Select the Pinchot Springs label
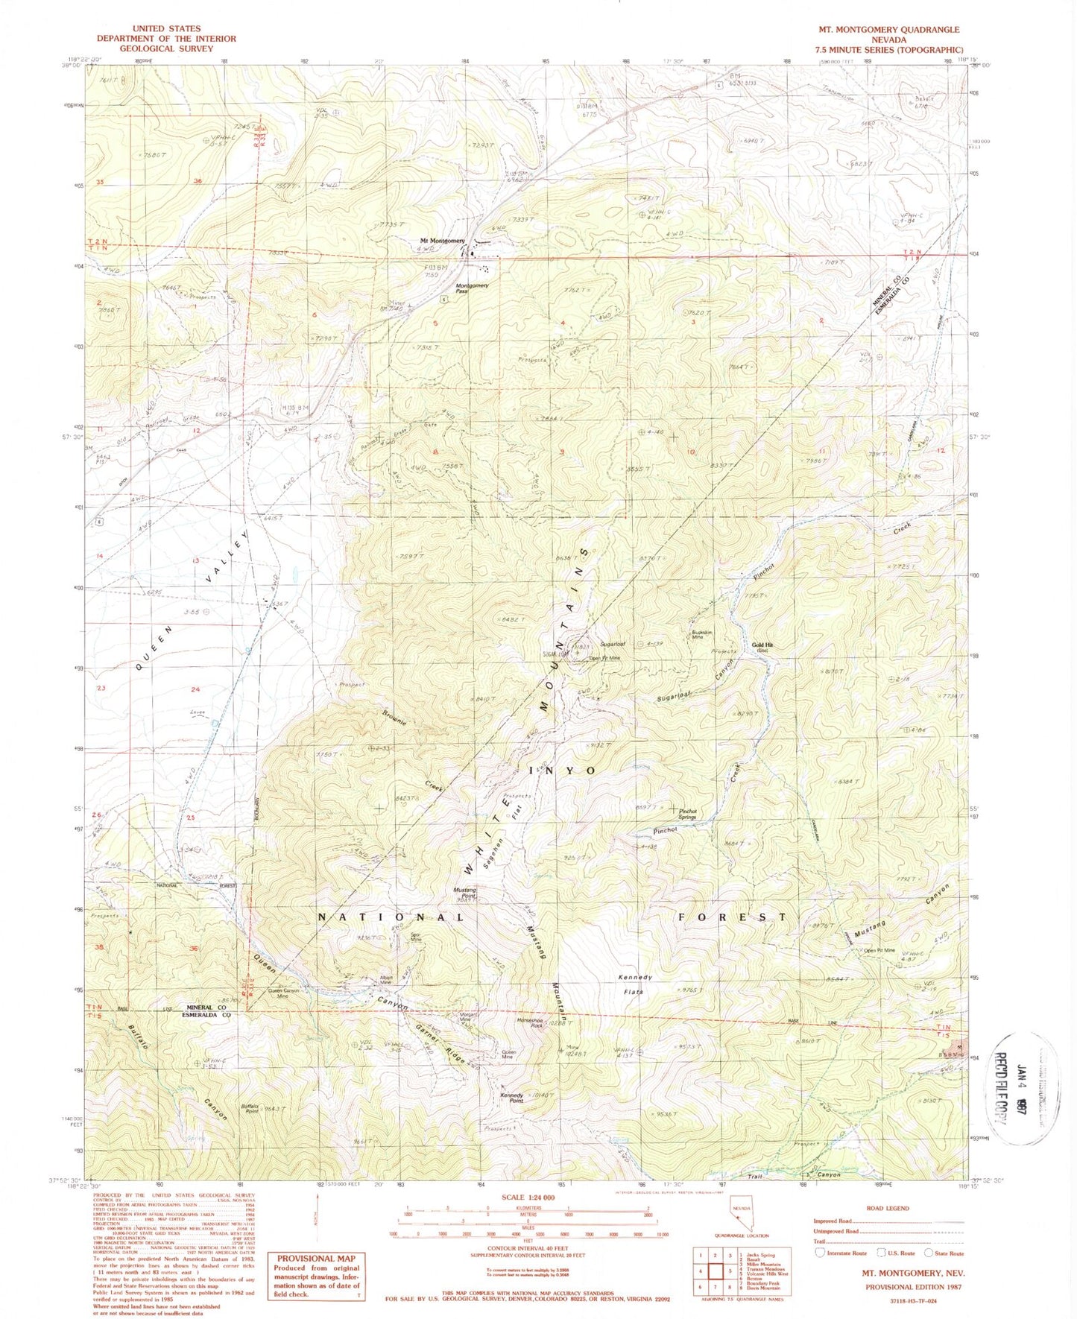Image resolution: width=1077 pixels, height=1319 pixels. (x=686, y=814)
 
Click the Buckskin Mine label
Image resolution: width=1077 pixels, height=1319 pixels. (x=697, y=635)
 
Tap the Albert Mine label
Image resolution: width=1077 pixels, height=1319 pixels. (x=385, y=981)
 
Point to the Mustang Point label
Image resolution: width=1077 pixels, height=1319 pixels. (x=464, y=893)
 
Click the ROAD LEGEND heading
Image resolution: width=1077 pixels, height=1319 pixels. (x=888, y=1208)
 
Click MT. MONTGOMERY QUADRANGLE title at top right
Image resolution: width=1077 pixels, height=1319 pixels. (x=888, y=30)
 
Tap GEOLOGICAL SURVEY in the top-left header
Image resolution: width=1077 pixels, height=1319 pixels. (x=165, y=48)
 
